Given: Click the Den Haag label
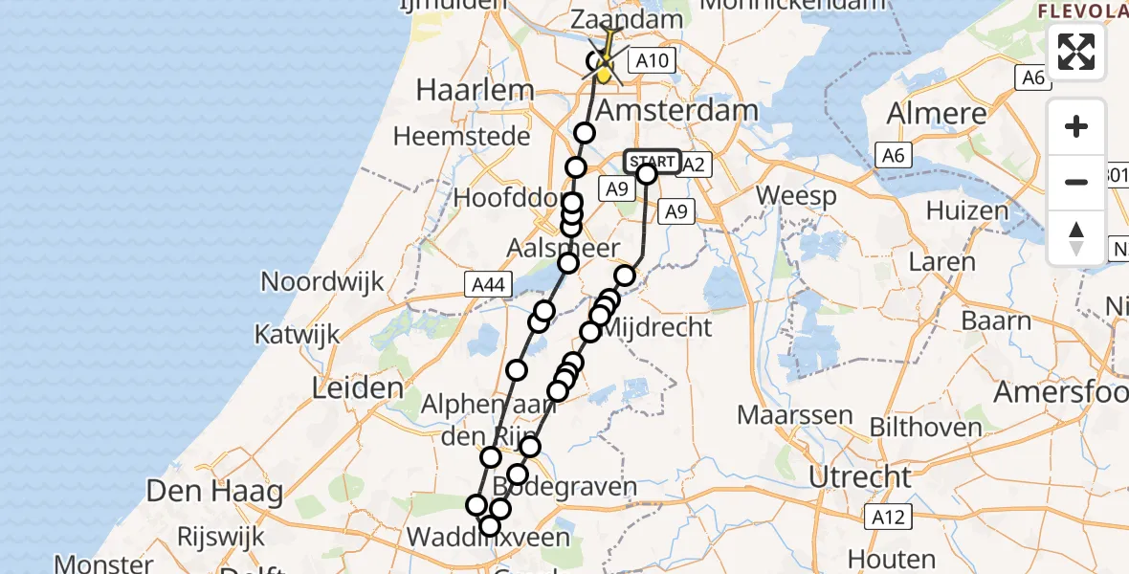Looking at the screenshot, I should [214, 493].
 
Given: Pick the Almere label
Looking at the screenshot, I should [937, 113].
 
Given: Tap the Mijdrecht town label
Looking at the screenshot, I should [657, 327].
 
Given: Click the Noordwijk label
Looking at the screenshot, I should [322, 282].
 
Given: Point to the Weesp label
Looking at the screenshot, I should [795, 197].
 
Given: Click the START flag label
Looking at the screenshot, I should [653, 161].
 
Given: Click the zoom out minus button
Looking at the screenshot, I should [1076, 182].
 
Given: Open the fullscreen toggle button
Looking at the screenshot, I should [1076, 51].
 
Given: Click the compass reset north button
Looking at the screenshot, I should [1076, 237].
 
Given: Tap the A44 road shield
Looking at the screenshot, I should [487, 283].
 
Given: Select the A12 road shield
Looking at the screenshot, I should [886, 517].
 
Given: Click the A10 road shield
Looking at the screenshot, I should [653, 61].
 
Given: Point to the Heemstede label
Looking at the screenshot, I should [462, 137].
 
